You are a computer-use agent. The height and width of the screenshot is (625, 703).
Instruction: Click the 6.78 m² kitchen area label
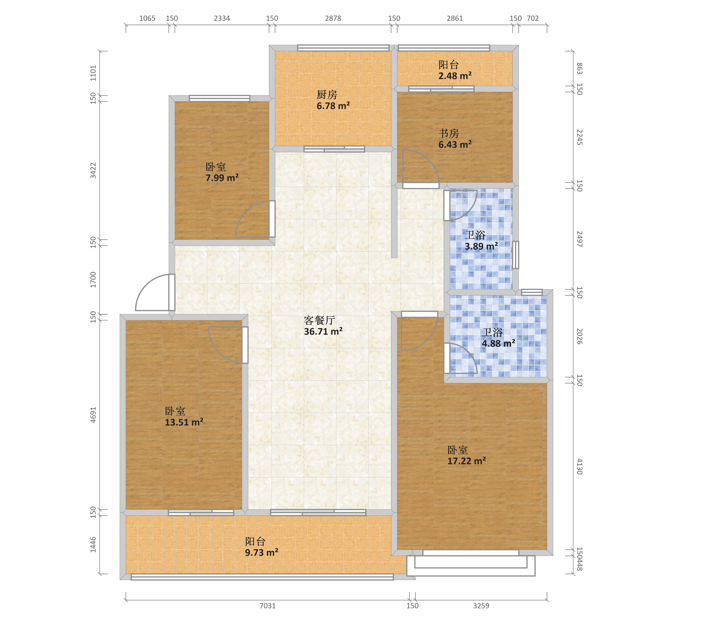point(333,106)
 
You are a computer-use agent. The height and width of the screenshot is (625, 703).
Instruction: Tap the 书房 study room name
point(449,133)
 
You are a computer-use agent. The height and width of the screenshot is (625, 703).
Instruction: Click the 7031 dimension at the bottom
point(268,606)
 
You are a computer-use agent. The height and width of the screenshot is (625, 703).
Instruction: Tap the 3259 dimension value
point(481,606)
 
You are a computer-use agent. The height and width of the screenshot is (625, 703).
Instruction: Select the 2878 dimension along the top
point(333,18)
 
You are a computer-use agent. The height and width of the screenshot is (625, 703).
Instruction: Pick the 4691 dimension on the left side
point(93,415)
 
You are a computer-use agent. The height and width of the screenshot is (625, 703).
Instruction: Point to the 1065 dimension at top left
point(147,18)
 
